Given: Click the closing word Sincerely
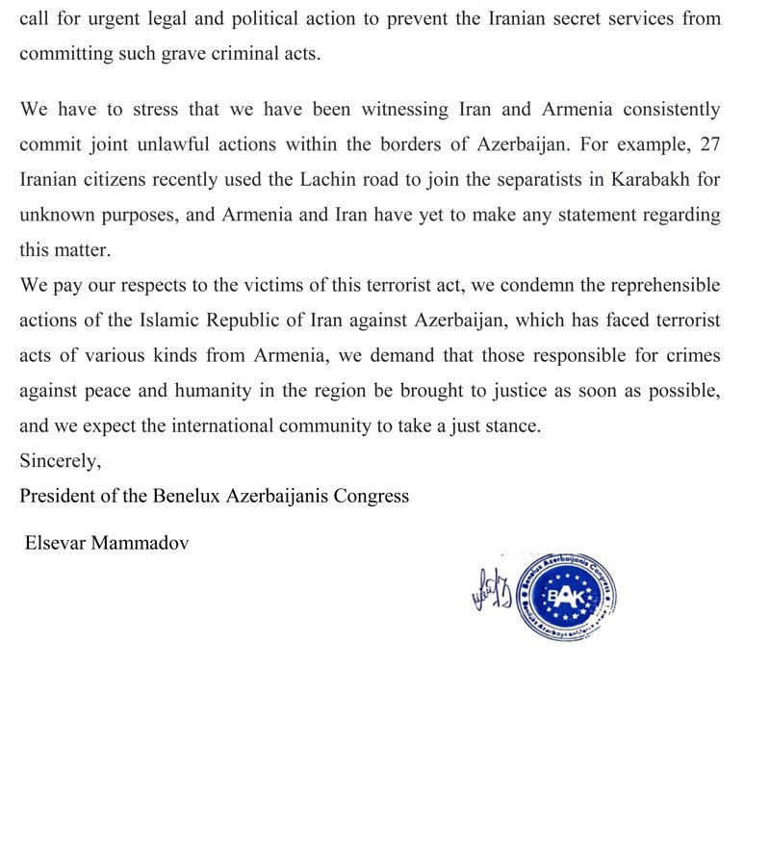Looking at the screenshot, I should [x=60, y=461].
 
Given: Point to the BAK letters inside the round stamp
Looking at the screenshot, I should [x=565, y=597].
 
